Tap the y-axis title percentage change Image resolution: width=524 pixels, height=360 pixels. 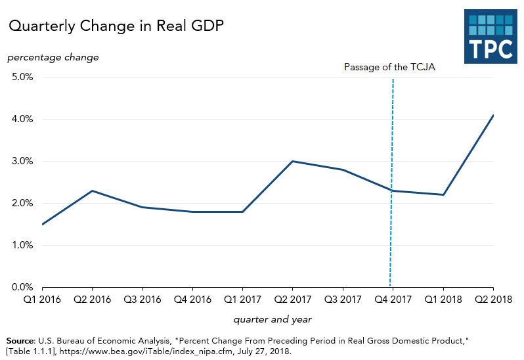tap(53, 57)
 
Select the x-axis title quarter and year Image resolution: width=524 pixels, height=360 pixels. tap(273, 320)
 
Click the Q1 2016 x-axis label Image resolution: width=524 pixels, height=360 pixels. tap(42, 300)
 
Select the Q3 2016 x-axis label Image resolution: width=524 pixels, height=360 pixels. tap(142, 300)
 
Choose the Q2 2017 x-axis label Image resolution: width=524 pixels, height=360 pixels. tap(292, 300)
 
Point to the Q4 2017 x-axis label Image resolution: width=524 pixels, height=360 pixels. tap(393, 300)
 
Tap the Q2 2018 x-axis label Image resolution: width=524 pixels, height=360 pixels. tap(492, 300)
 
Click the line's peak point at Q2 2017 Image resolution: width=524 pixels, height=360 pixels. tap(292, 161)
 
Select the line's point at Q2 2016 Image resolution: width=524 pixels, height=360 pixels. tap(92, 191)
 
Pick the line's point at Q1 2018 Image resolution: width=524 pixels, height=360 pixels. tap(443, 194)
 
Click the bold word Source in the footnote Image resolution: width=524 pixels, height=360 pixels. tap(20, 342)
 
